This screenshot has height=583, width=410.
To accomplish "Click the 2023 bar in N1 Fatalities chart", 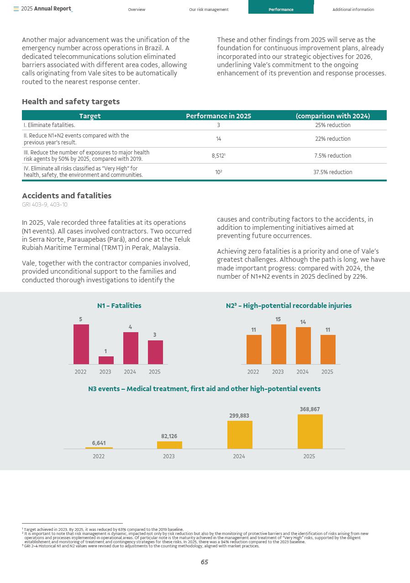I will pyautogui.click(x=106, y=360).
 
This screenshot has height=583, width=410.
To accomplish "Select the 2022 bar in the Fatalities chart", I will pyautogui.click(x=81, y=344).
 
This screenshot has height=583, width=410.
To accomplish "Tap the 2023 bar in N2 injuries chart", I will pyautogui.click(x=279, y=344).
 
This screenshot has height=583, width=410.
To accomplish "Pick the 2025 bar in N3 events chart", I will pyautogui.click(x=310, y=431).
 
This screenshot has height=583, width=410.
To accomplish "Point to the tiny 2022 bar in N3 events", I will pyautogui.click(x=99, y=448).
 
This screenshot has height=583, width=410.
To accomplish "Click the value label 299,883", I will pyautogui.click(x=239, y=416).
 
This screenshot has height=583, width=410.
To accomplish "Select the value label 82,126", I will pyautogui.click(x=169, y=436).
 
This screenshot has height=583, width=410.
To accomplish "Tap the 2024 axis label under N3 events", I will pyautogui.click(x=239, y=456).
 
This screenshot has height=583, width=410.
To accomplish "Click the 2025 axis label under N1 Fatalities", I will pyautogui.click(x=155, y=372).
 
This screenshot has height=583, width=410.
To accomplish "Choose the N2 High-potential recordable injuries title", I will pyautogui.click(x=289, y=306).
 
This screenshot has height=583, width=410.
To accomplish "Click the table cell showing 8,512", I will pyautogui.click(x=218, y=156).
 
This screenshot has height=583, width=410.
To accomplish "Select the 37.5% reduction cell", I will pyautogui.click(x=332, y=172).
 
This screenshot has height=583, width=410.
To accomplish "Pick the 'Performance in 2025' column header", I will pyautogui.click(x=218, y=116).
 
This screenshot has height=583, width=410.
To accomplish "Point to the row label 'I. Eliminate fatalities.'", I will pyautogui.click(x=49, y=125).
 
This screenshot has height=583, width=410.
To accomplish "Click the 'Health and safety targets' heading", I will pyautogui.click(x=71, y=101).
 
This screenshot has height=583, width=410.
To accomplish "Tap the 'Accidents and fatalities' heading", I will pyautogui.click(x=67, y=196).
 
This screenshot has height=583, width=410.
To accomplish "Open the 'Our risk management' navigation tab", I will pyautogui.click(x=209, y=10).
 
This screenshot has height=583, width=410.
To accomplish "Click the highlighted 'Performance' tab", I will pyautogui.click(x=281, y=10).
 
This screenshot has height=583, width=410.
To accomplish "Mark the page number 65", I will pyautogui.click(x=205, y=562).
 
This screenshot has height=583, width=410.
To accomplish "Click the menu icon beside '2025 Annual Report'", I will pyautogui.click(x=16, y=9).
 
